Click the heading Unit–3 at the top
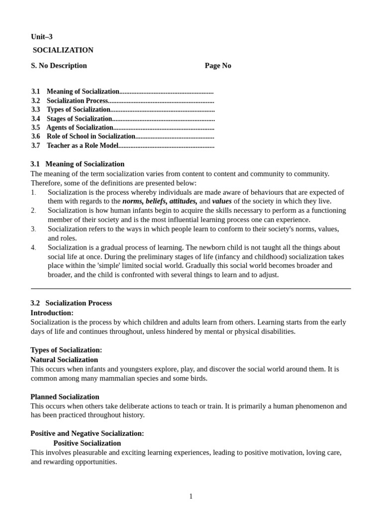[x=42, y=37]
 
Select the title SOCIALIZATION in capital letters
[x=63, y=50]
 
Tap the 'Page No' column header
[x=218, y=66]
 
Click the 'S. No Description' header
[x=59, y=66]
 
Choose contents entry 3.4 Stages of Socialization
[x=79, y=119]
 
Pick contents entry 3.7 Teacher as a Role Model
[x=82, y=145]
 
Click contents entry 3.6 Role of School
[x=91, y=136]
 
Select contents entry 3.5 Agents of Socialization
[x=80, y=127]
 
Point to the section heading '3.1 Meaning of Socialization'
[x=78, y=164]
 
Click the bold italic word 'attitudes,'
[x=183, y=201]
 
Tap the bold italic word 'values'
[x=222, y=201]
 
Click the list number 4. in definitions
[x=33, y=248]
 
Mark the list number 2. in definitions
[x=33, y=211]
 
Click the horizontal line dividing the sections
[x=191, y=288]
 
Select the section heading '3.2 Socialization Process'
[x=71, y=303]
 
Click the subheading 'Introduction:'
[x=52, y=313]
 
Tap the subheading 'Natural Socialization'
[x=64, y=360]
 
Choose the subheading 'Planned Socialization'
[x=65, y=397]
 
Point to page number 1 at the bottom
[x=191, y=496]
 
